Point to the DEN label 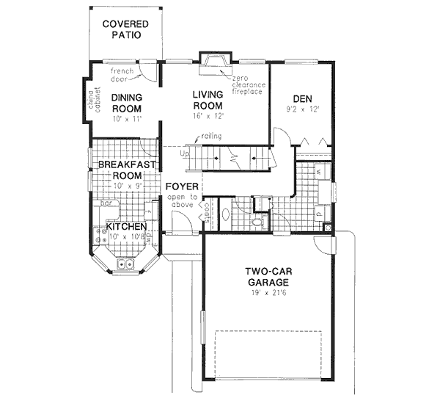coord(303,98)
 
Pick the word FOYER coord(180,186)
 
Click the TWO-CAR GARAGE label coord(268,276)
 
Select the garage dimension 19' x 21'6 coord(268,294)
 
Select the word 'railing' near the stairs coord(214,137)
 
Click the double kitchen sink coord(125,264)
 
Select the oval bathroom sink coord(227,214)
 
